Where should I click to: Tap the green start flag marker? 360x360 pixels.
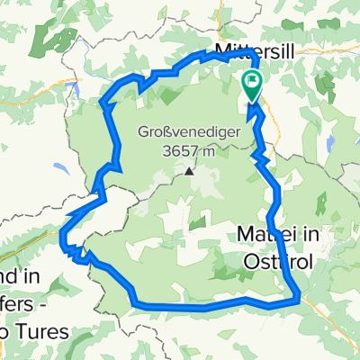[x=250, y=88]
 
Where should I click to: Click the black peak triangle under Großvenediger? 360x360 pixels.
[x=189, y=169]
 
